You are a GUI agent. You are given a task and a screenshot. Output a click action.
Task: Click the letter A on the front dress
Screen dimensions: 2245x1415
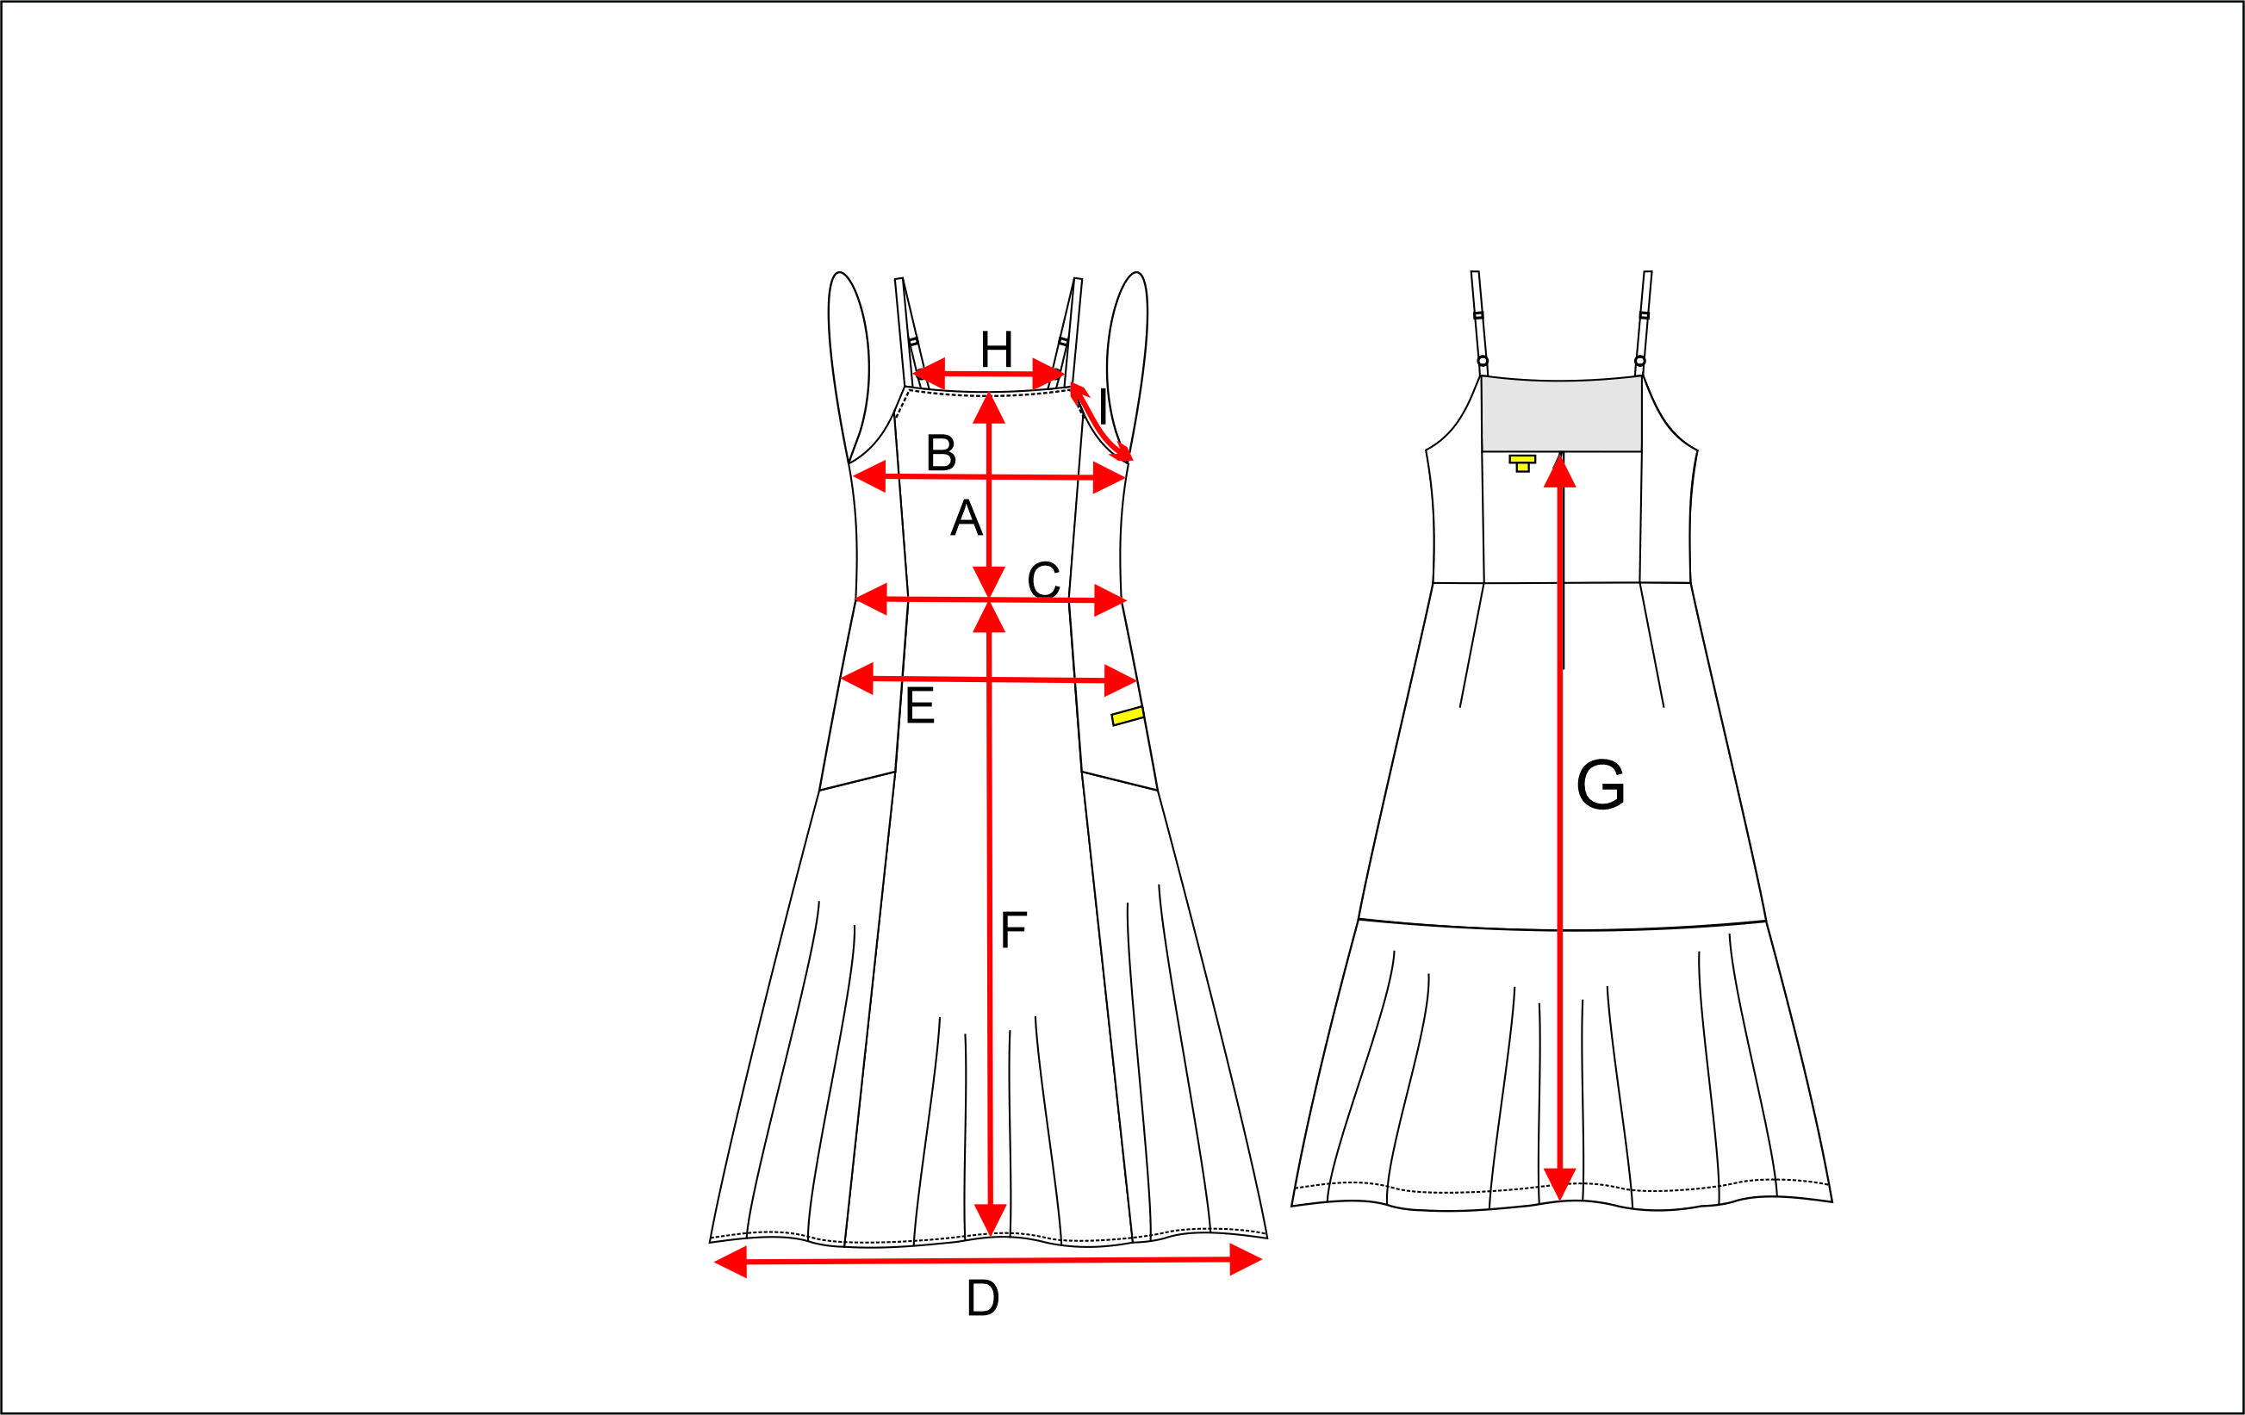[x=966, y=518]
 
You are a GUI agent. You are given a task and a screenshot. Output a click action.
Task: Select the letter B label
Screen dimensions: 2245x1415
[x=941, y=453]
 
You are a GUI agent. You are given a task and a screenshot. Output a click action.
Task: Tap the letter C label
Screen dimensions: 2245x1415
[x=1043, y=580]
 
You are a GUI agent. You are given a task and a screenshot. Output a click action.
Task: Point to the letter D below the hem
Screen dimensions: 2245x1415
[x=983, y=1299]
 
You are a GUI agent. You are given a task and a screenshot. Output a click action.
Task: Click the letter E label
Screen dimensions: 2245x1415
[x=919, y=705]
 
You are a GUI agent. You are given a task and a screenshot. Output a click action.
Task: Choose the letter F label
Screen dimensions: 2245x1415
[x=1013, y=929]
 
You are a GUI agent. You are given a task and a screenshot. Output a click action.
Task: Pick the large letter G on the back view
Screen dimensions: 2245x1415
[x=1601, y=785]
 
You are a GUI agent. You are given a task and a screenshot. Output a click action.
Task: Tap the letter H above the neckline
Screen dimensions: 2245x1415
[x=997, y=350]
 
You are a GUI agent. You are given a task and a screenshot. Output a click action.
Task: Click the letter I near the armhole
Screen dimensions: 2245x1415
[x=1104, y=407]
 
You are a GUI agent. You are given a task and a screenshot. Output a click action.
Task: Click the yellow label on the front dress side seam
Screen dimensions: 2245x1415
[x=1128, y=716]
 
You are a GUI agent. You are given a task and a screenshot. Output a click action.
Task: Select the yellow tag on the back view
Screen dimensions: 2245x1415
[x=1522, y=463]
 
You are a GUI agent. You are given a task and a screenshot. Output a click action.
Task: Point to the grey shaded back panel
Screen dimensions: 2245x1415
[x=1562, y=415]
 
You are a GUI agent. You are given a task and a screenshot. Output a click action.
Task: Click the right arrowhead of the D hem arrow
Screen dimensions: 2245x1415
[x=1246, y=1259]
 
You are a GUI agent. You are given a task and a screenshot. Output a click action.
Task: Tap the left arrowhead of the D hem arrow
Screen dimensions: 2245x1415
[x=730, y=1262]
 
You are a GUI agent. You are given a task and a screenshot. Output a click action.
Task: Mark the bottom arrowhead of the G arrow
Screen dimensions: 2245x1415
[x=1560, y=1184]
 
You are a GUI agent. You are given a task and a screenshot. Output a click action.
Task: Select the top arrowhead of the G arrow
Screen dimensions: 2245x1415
[x=1560, y=471]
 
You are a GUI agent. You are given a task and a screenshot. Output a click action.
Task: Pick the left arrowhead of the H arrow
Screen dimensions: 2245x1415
[x=929, y=373]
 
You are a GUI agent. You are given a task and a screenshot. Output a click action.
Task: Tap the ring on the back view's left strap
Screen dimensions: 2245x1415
[x=1483, y=361]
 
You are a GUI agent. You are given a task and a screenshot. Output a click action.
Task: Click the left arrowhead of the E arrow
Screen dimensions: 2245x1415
[x=857, y=679]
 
